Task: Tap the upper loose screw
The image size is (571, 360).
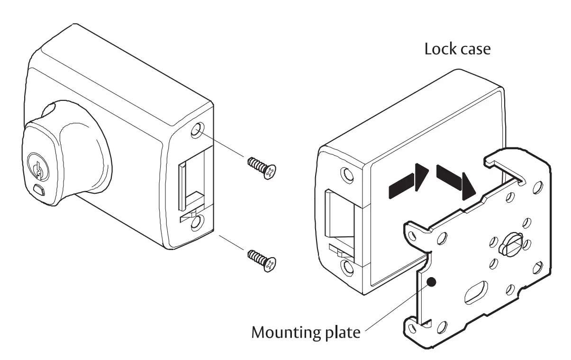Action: point(261,168)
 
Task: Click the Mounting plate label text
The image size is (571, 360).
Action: point(306,332)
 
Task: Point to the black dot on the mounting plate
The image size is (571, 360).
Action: point(431,282)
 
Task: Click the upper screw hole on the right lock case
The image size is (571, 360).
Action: point(348,175)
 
